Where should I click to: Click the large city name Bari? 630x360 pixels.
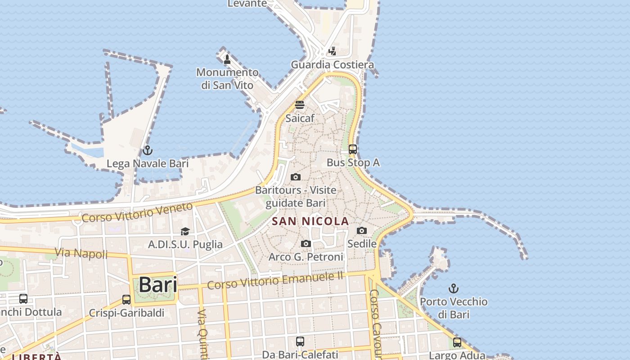(157, 284)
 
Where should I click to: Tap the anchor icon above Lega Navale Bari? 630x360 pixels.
(147, 150)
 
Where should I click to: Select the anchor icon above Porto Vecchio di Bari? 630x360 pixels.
(454, 288)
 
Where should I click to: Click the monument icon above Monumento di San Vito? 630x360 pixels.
(227, 59)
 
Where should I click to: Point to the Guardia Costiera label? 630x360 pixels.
(332, 65)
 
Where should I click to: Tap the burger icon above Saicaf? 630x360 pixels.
(300, 105)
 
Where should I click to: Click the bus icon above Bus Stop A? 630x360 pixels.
(353, 149)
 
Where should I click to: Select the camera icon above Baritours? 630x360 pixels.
(296, 177)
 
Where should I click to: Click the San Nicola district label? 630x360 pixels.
(310, 221)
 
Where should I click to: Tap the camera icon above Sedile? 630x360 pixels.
(362, 230)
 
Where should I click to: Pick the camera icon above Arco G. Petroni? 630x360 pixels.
(306, 243)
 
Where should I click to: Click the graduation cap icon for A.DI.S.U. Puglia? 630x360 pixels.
(185, 231)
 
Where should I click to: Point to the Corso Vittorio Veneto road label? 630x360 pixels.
(137, 212)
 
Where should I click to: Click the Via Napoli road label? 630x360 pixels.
(81, 253)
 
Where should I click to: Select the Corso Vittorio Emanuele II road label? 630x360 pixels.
(275, 280)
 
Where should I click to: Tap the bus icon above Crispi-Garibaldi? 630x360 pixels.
(126, 299)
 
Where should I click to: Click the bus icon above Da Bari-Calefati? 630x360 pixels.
(300, 341)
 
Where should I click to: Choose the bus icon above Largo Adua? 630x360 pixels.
(457, 342)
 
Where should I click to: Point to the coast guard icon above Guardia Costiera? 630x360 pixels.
(332, 51)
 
